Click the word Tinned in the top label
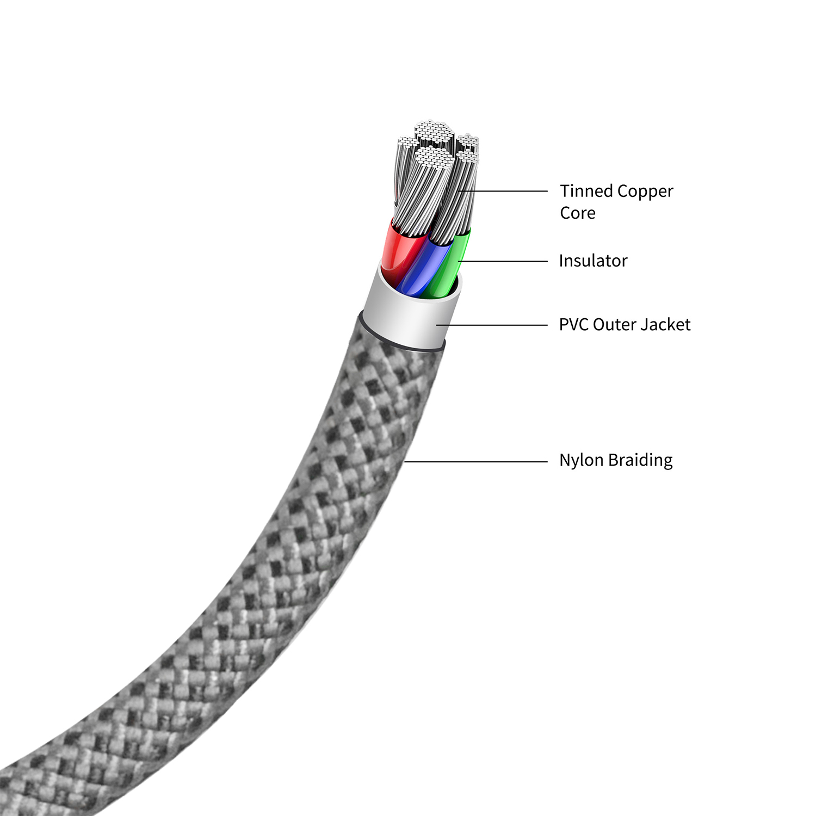586,191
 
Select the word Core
578,213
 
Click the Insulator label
593,261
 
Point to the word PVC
573,324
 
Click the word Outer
614,324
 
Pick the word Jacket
665,325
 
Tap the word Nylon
581,460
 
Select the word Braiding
640,460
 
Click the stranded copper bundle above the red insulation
413,201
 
